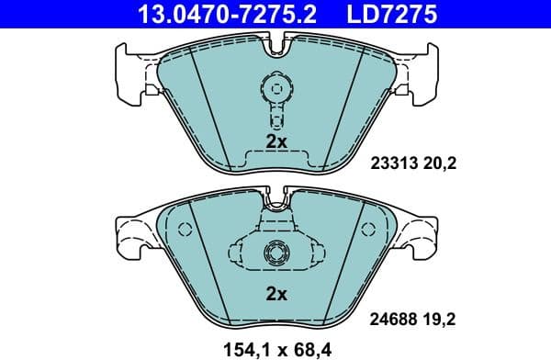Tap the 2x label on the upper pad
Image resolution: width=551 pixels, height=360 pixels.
pyautogui.click(x=276, y=141)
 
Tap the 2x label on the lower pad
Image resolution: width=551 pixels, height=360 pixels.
pyautogui.click(x=276, y=295)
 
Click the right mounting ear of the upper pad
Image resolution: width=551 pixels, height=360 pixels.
pyautogui.click(x=423, y=69)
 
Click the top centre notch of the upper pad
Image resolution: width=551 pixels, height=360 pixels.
pyautogui.click(x=275, y=41)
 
